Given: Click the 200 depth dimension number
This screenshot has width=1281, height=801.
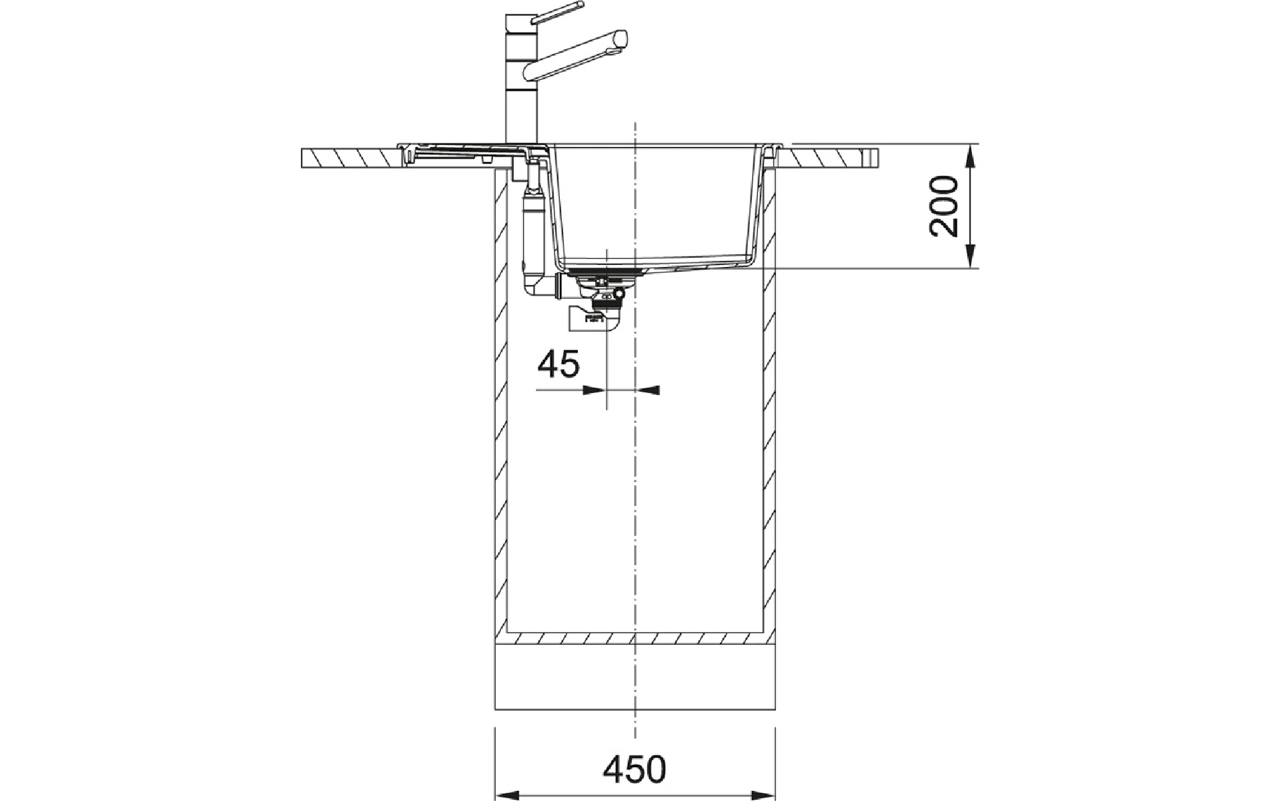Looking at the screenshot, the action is (943, 206).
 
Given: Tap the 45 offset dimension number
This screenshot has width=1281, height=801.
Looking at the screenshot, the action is (559, 364).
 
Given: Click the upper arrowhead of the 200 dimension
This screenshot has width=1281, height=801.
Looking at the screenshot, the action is (970, 155).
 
